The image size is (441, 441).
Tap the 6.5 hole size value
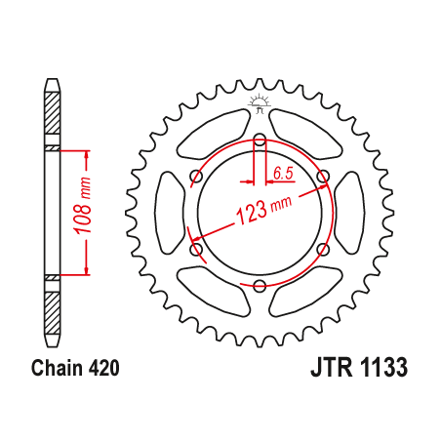pyautogui.click(x=283, y=174)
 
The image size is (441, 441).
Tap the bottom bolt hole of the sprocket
pyautogui.click(x=260, y=285)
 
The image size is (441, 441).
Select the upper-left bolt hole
pyautogui.click(x=196, y=176)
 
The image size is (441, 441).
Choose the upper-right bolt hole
pyautogui.click(x=324, y=177)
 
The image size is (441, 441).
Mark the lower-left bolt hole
pyautogui.click(x=196, y=249)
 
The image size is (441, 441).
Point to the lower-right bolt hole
pyautogui.click(x=323, y=249)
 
